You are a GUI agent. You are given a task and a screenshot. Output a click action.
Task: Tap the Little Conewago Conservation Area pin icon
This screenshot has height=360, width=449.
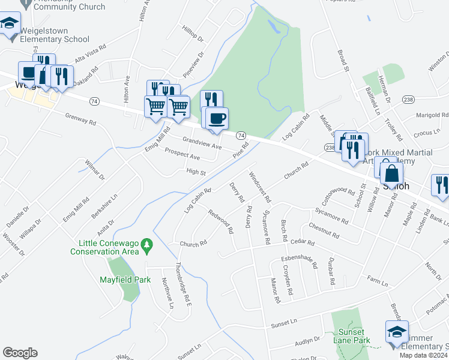pos(148,244)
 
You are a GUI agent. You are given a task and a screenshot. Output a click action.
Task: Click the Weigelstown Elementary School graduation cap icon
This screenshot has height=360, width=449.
pos(9,24)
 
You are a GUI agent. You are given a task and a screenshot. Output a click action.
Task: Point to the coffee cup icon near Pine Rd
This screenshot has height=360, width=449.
pos(217,118)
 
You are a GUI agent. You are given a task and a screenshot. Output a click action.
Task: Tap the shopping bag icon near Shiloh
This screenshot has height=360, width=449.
pos(391,173)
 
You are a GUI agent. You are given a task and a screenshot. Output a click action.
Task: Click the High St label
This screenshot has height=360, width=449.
pos(196,172)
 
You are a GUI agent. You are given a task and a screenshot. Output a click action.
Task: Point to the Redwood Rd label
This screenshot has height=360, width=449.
pos(221,221)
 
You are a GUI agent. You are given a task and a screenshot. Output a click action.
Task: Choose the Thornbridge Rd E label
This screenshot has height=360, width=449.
pos(182,286)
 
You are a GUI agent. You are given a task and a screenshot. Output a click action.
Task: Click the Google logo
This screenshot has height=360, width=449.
pos(20,353)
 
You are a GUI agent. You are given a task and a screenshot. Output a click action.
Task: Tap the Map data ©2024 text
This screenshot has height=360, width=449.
pos(423,355)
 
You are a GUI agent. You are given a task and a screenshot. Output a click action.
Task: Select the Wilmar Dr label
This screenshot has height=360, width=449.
pos(95,170)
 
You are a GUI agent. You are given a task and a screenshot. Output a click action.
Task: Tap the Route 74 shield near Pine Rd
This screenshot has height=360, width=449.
pos(240,136)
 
